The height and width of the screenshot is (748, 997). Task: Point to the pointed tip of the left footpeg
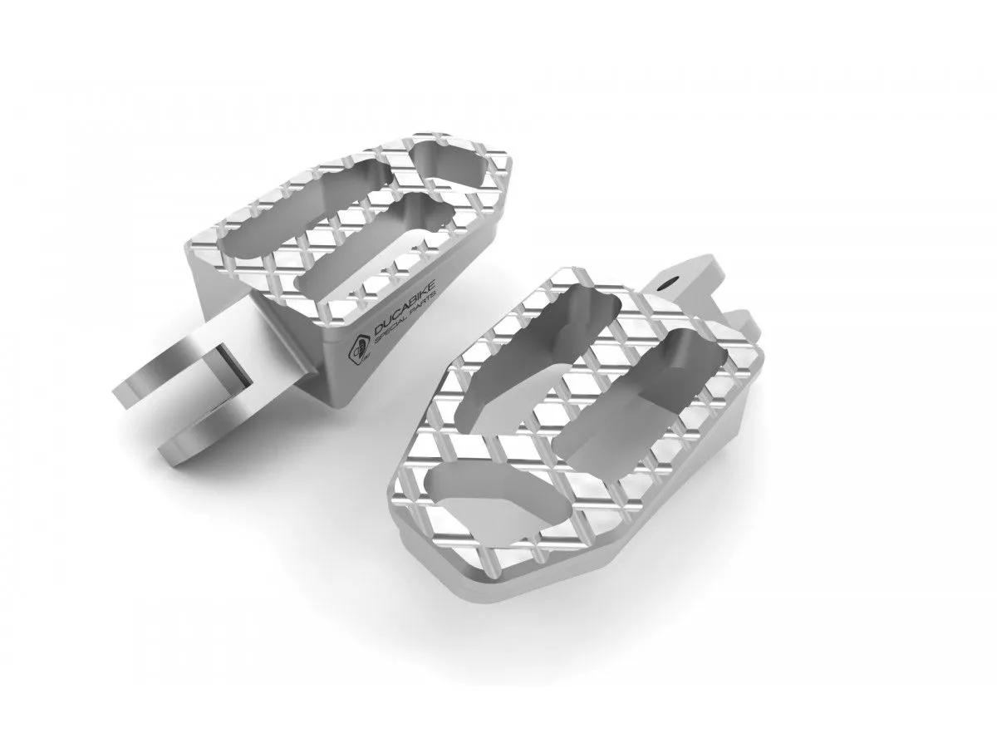tap(492, 166)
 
